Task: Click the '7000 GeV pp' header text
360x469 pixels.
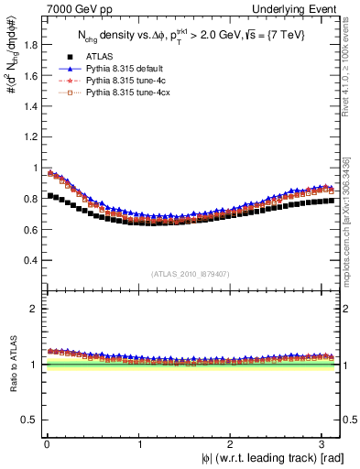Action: tap(64, 8)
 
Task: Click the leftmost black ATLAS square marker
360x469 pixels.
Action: tap(50, 195)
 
